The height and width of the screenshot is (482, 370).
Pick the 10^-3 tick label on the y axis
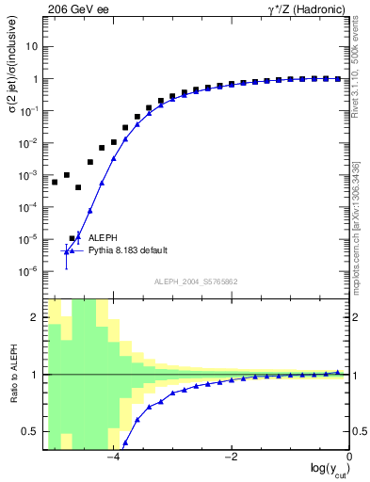[29, 175]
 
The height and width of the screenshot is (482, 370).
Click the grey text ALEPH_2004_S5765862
[197, 281]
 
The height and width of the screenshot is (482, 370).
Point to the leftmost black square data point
[55, 182]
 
